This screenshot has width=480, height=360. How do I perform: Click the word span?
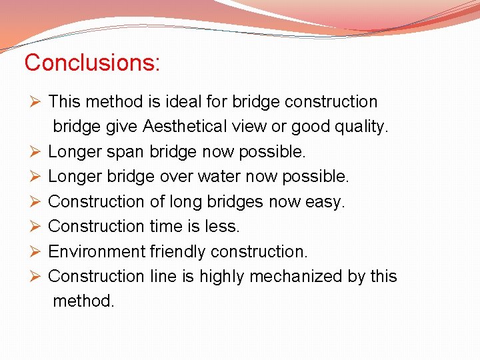pyautogui.click(x=127, y=152)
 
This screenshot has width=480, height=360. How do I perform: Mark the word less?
pyautogui.click(x=222, y=227)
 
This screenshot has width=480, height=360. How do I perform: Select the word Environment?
pyautogui.click(x=97, y=251)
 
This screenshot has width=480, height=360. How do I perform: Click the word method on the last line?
pyautogui.click(x=83, y=301)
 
